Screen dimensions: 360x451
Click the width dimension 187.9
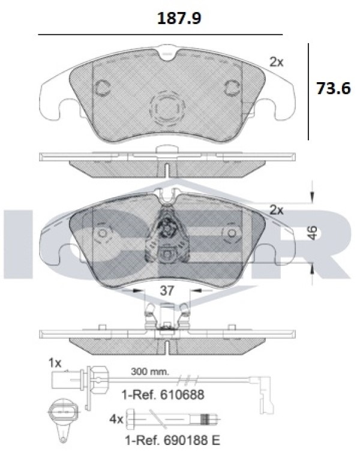(x=179, y=19)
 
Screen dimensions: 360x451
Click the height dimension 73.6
(x=334, y=88)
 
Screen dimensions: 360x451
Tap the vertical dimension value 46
(x=313, y=233)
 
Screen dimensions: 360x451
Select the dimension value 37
(x=167, y=290)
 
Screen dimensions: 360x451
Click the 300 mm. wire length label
(x=149, y=371)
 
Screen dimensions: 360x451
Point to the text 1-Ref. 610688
(x=163, y=395)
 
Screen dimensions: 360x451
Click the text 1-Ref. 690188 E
(x=172, y=440)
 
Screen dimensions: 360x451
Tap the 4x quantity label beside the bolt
(x=116, y=420)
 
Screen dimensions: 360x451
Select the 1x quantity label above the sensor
(x=55, y=363)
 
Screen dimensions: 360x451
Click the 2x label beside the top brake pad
(x=276, y=62)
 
